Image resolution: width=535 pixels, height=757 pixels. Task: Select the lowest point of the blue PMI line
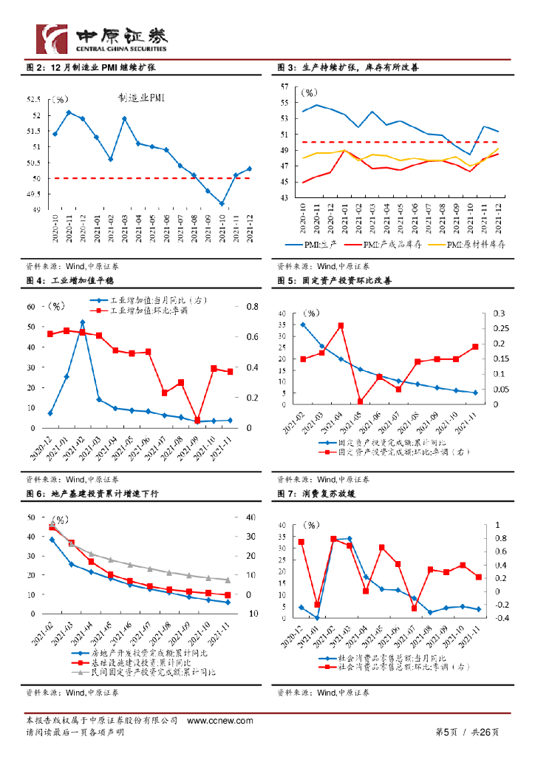click(222, 203)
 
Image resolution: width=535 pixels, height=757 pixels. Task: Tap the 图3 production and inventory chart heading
click(347, 67)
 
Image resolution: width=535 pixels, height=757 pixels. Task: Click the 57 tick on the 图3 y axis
click(284, 86)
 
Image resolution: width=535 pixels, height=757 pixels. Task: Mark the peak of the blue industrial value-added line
click(82, 322)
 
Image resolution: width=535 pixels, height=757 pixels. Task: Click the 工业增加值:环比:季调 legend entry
click(148, 311)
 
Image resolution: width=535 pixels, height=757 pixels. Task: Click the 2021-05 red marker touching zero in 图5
click(360, 402)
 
